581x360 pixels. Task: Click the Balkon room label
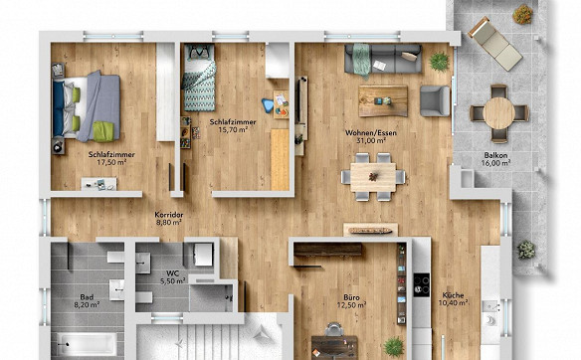(x=495, y=155)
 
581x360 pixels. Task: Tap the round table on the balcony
(x=498, y=113)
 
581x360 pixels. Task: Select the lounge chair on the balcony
(x=495, y=44)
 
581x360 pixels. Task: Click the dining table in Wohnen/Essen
(x=373, y=177)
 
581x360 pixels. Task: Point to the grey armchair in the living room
(x=435, y=100)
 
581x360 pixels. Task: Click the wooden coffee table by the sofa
(x=383, y=100)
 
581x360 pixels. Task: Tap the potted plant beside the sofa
(x=440, y=61)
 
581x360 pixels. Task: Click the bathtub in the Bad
(x=88, y=344)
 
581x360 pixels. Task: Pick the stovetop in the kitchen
(x=422, y=285)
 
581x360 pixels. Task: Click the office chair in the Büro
(x=334, y=329)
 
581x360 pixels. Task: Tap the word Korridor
(x=169, y=215)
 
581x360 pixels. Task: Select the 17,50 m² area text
(x=111, y=162)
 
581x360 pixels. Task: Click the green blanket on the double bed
(x=103, y=131)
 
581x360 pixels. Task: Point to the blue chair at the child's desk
(x=268, y=105)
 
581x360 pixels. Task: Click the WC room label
(x=173, y=273)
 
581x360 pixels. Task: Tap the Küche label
(x=454, y=295)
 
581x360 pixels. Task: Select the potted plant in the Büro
(x=394, y=347)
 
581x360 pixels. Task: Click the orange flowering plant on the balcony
(x=522, y=14)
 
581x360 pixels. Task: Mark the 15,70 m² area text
(x=233, y=129)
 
